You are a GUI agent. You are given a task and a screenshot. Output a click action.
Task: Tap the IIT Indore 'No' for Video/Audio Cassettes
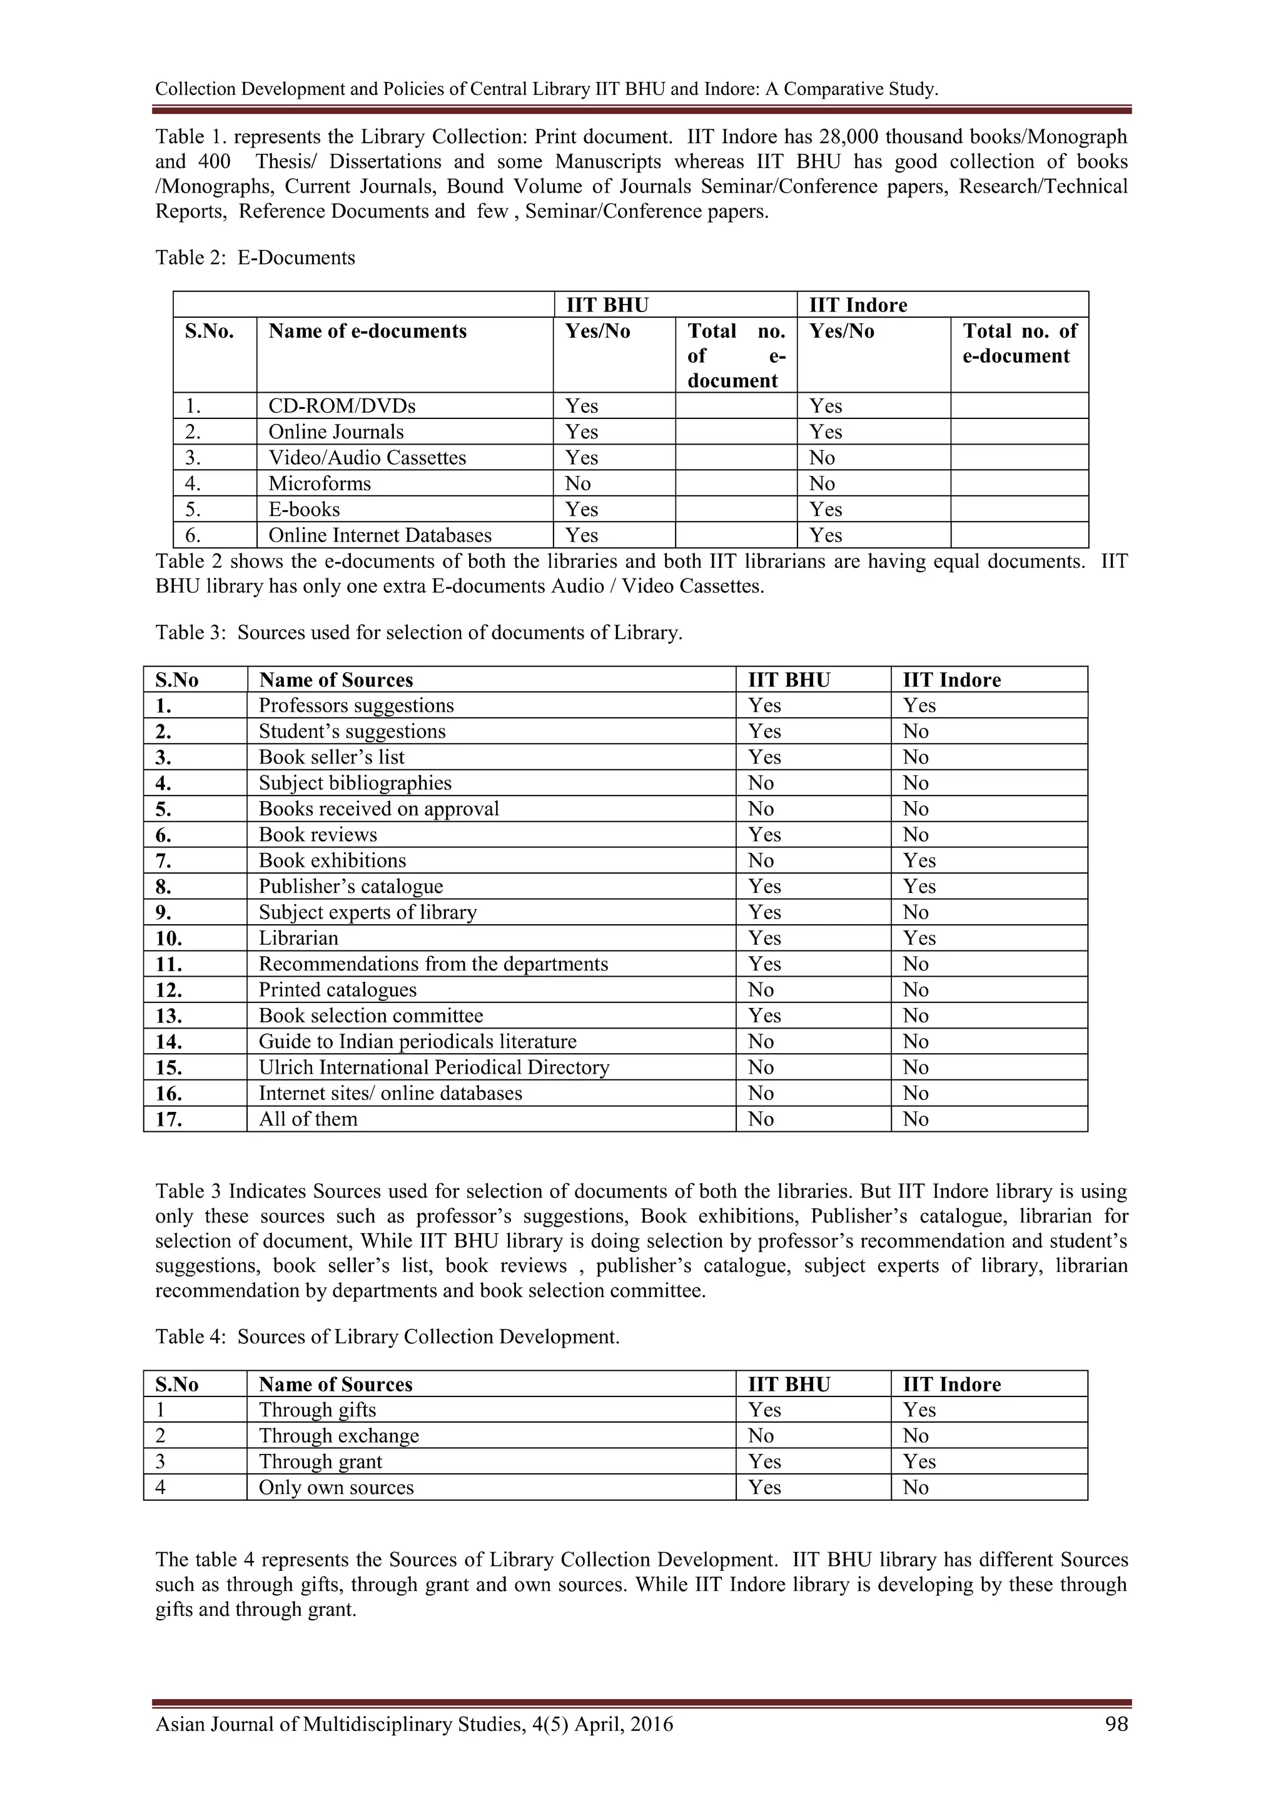[821, 458]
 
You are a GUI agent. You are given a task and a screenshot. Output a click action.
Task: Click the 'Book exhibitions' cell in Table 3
[332, 860]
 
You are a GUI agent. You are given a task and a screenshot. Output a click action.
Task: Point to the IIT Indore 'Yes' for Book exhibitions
[919, 860]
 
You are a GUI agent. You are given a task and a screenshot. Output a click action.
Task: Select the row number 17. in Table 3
[169, 1119]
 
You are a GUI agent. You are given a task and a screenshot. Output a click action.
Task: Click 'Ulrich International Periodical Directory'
[434, 1067]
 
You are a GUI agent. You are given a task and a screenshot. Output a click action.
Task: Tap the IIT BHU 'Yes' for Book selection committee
[764, 1016]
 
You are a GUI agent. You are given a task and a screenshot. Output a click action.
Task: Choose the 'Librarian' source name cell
[298, 938]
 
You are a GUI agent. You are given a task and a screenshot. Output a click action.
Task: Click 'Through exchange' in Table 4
[338, 1436]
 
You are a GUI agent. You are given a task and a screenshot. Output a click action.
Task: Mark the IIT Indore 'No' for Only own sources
[915, 1488]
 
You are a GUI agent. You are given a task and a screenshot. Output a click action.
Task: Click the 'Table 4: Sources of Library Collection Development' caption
[387, 1337]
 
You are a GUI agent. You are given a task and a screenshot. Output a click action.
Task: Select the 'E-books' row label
[304, 510]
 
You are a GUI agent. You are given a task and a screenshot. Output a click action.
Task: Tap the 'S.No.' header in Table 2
[209, 331]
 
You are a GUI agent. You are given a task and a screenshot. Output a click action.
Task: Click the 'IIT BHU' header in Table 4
[788, 1385]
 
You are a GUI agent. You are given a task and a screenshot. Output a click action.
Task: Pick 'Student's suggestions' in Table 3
[352, 731]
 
